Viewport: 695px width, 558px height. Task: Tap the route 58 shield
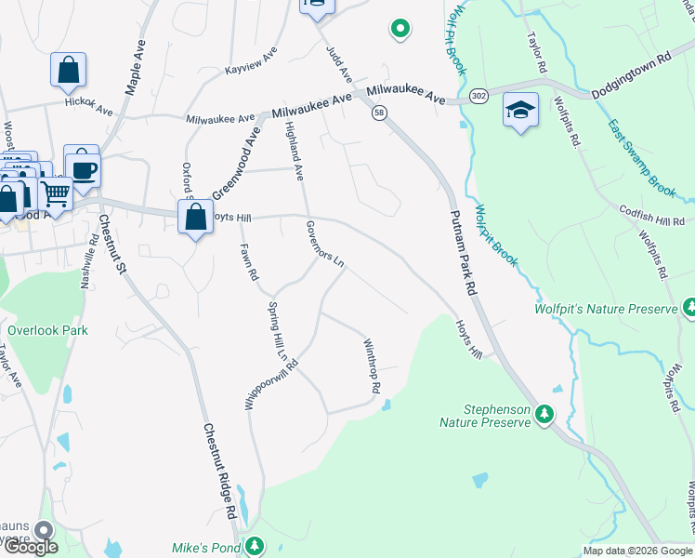(x=379, y=113)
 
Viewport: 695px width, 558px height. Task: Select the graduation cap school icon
(x=520, y=111)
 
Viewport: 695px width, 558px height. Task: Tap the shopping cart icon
(x=56, y=193)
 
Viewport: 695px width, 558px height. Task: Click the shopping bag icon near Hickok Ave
(x=69, y=70)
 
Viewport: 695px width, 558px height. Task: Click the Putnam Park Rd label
(x=463, y=252)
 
